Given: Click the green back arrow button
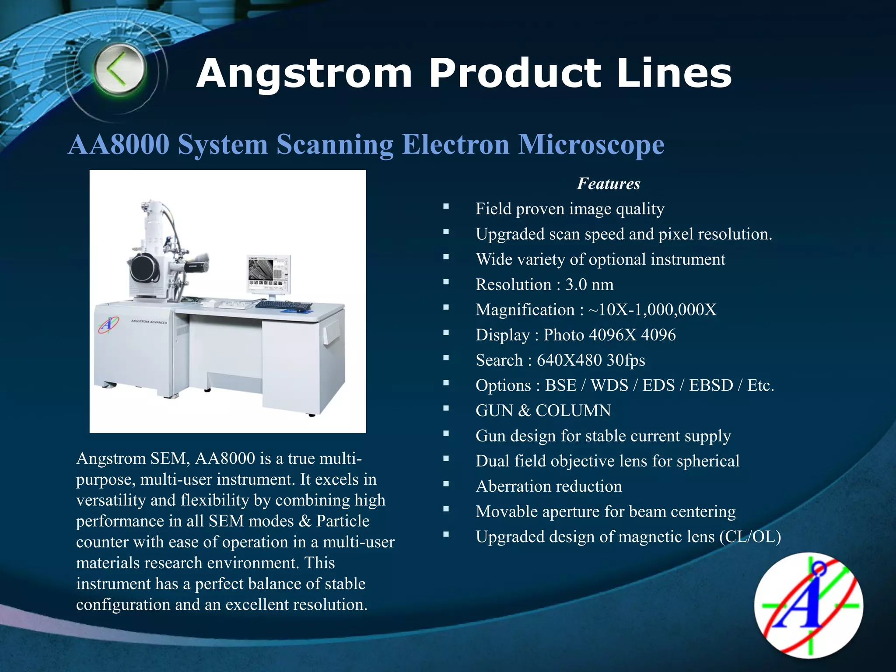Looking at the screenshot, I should [x=119, y=70].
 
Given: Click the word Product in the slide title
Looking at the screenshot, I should [x=514, y=73].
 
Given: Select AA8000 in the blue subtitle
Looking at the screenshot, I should [x=119, y=144].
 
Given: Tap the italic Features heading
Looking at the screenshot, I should [x=609, y=184].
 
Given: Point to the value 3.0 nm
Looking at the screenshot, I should [x=589, y=285].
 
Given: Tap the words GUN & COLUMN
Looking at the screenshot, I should [x=543, y=411].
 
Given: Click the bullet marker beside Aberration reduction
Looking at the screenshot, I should [x=446, y=484].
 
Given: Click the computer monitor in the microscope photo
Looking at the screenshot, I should [x=268, y=274].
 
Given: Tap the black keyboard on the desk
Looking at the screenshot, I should [x=283, y=305].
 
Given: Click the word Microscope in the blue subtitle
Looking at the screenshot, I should [x=591, y=144].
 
